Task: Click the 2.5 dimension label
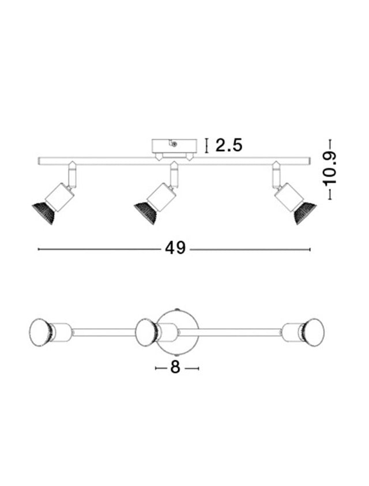(229, 145)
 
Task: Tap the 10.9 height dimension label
(330, 169)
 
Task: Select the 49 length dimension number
(175, 248)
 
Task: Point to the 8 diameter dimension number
(175, 367)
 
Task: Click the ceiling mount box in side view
(174, 146)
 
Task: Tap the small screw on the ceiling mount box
(175, 144)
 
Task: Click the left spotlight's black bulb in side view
(44, 213)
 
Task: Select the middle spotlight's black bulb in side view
(146, 213)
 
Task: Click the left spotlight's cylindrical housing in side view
(59, 197)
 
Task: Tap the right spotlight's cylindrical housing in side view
(289, 197)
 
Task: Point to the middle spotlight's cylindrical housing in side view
(161, 197)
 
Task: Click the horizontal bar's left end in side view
(39, 161)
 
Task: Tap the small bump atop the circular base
(178, 309)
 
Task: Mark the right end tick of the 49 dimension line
(310, 249)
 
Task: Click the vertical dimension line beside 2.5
(206, 146)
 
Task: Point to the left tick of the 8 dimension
(156, 368)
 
